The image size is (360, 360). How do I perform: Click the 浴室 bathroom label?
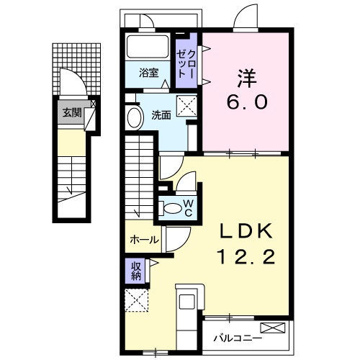[150, 72]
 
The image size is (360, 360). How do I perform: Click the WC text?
[187, 207]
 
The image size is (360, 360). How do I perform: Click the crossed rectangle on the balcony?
[276, 328]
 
